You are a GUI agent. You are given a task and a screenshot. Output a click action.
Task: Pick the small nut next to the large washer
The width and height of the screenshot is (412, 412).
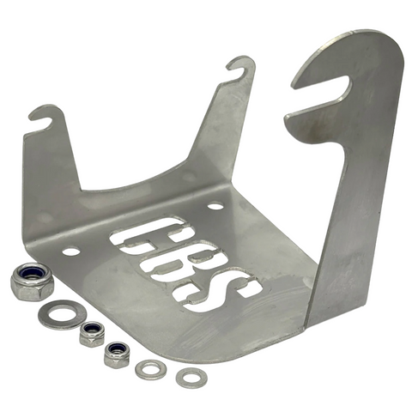(92, 333)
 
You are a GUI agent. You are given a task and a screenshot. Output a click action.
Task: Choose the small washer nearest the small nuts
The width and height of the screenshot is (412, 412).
(152, 369)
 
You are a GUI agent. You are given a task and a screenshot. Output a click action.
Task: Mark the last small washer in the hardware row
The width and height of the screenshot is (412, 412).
(191, 376)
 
